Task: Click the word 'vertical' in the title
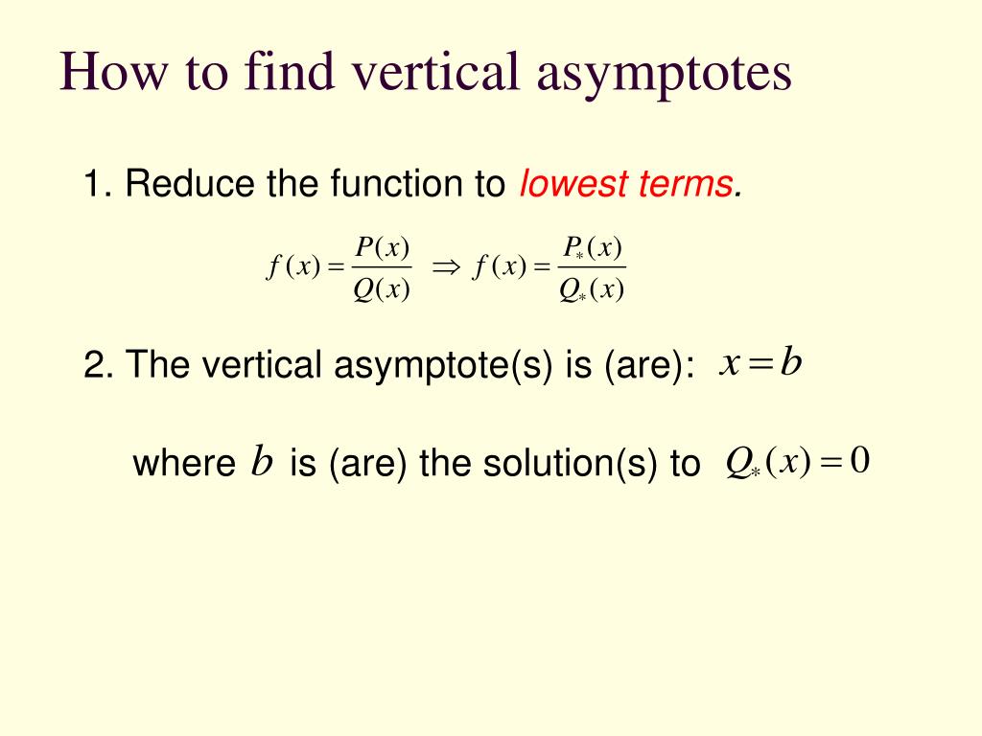[x=435, y=71]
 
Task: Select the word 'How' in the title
[x=113, y=71]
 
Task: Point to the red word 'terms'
[x=685, y=184]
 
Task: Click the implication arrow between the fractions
[x=446, y=268]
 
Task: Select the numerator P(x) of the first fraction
[x=382, y=248]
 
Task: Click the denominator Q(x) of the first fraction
[x=382, y=289]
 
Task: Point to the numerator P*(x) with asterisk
[x=592, y=248]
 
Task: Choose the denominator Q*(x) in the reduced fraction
[x=591, y=289]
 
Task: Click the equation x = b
[x=760, y=363]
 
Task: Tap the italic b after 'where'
[x=262, y=461]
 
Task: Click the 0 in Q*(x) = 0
[x=860, y=461]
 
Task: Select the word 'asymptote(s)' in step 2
[x=443, y=365]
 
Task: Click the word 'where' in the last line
[x=184, y=464]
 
